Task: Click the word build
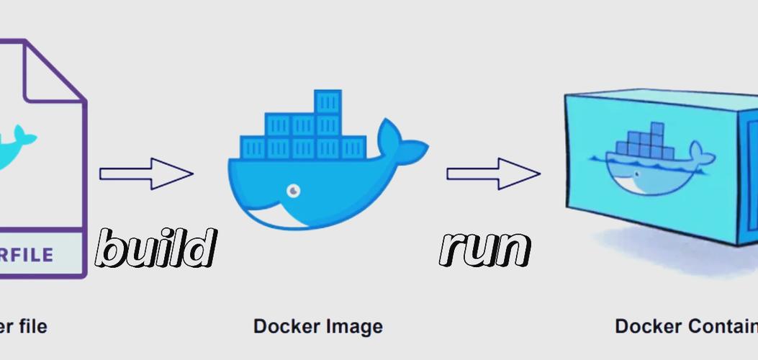tap(156, 248)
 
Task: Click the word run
tap(485, 248)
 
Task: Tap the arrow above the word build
tap(146, 174)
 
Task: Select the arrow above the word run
tap(493, 174)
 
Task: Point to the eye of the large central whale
tap(294, 191)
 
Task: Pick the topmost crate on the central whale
tap(328, 102)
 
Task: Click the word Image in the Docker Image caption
tap(351, 326)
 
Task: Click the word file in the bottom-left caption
tap(30, 326)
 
